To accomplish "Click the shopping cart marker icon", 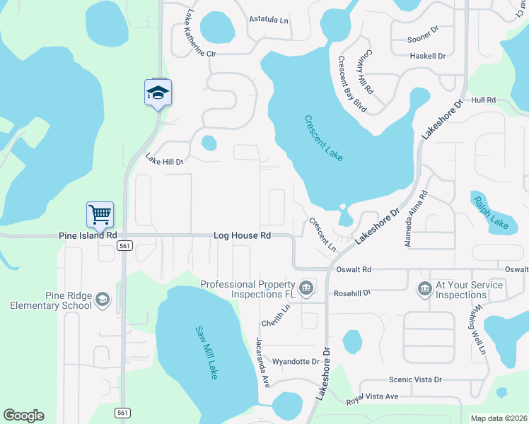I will pos(100,214).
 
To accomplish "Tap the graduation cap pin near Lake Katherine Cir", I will pos(158,93).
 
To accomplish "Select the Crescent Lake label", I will pos(323,139).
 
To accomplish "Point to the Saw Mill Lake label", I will pos(207,352).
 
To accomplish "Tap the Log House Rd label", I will pos(243,235).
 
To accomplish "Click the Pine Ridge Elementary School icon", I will pos(103,300).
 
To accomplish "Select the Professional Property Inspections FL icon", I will pos(306,287).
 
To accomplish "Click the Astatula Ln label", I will pos(269,20).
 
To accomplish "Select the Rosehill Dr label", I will pos(351,293).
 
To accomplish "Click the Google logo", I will pos(23,415).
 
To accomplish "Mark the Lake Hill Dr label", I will pos(164,160).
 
